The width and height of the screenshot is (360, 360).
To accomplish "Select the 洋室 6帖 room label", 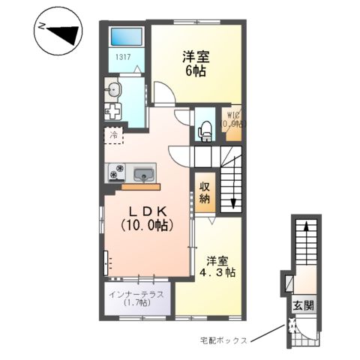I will [194, 63].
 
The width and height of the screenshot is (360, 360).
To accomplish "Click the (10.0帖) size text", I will [147, 225].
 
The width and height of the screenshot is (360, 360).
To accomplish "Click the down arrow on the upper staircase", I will [233, 201].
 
